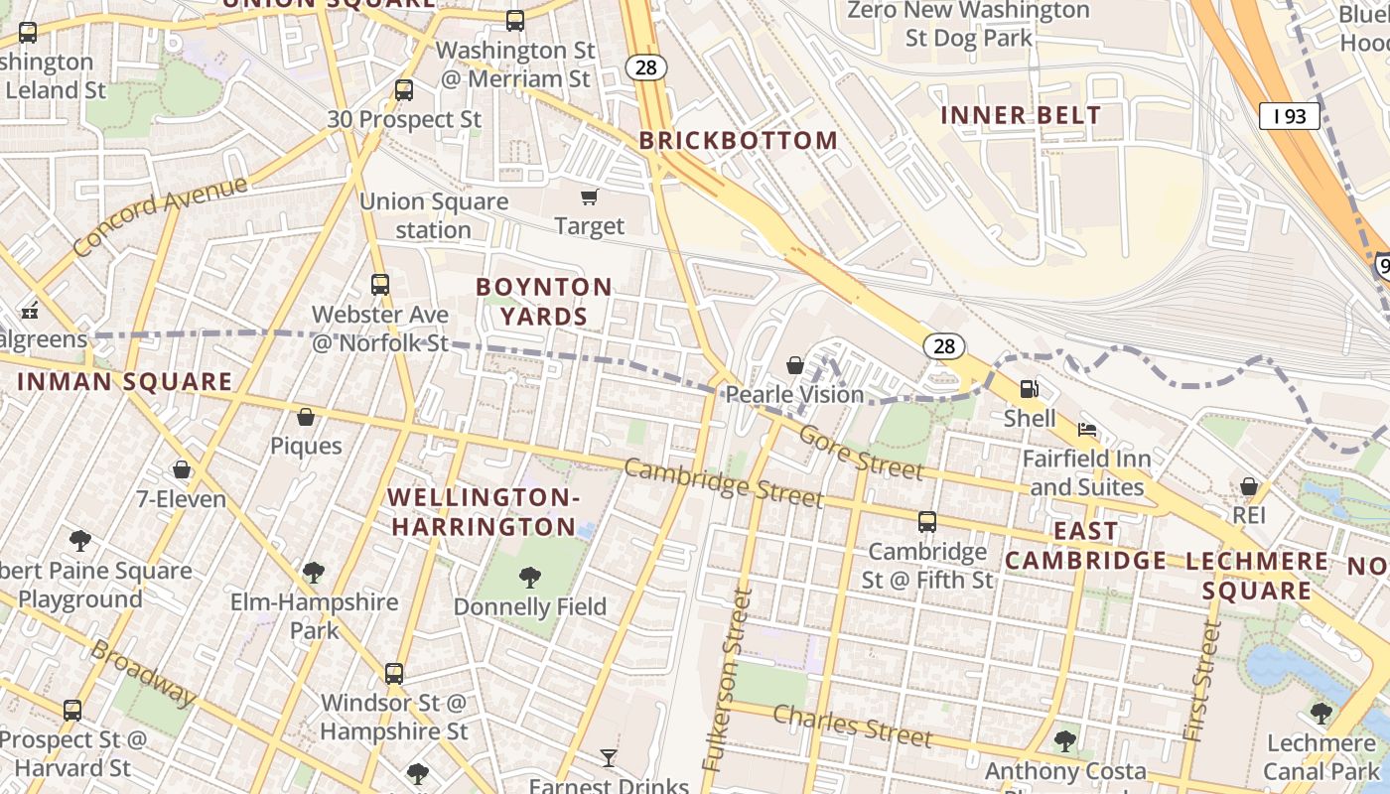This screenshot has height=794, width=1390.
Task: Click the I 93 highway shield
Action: [x=1289, y=117]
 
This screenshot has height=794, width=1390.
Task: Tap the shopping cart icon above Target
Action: [x=590, y=197]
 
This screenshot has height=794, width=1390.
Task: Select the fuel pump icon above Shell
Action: [x=1030, y=388]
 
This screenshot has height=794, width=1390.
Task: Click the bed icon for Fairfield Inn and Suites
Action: [x=1087, y=430]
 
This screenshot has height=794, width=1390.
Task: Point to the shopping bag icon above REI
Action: [x=1249, y=486]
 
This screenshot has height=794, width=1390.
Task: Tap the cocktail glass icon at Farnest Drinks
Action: [x=609, y=758]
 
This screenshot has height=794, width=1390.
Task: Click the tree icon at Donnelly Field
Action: [x=530, y=577]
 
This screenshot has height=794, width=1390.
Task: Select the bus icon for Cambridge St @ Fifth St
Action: [x=926, y=521]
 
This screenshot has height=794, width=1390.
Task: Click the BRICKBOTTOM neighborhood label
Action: [x=739, y=141]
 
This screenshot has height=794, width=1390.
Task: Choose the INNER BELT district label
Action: [x=1021, y=115]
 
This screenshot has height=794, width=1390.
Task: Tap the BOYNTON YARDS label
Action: [x=544, y=302]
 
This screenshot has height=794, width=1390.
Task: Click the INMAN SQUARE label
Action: [x=125, y=382]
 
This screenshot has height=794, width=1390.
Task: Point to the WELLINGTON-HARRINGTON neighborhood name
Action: [x=483, y=512]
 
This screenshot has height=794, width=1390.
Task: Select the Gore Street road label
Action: [x=861, y=452]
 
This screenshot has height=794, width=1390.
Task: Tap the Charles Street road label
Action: [x=852, y=726]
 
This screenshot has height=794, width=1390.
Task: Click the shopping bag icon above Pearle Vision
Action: [x=795, y=365]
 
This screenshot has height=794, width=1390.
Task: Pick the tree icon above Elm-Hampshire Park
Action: [x=314, y=573]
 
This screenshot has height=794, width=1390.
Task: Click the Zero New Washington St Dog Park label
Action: [x=968, y=25]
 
